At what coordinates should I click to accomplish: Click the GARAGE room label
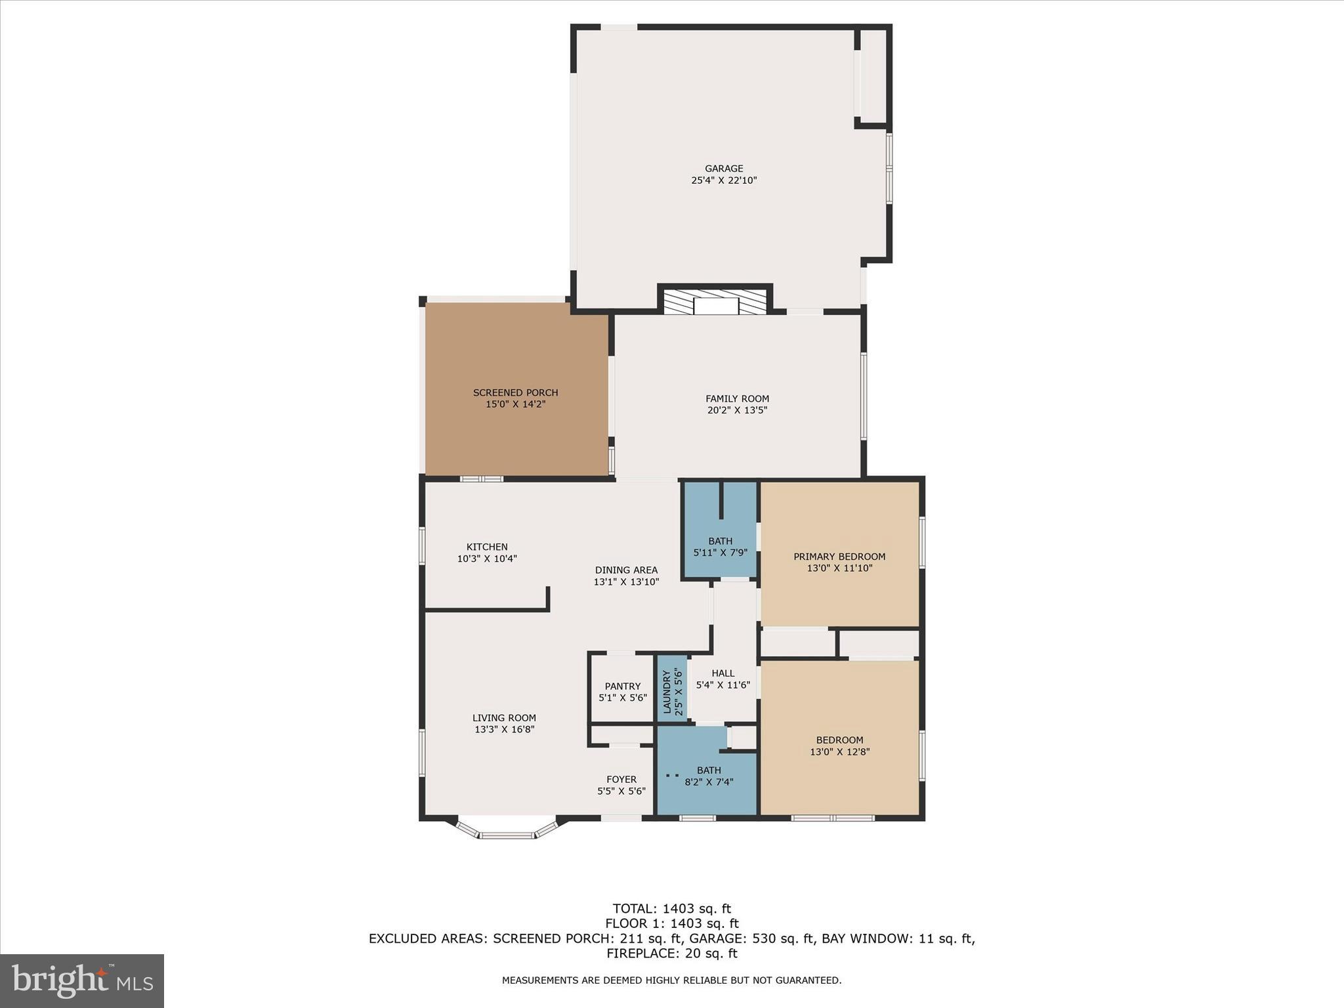click(x=724, y=169)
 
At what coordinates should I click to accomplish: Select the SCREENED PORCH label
click(x=515, y=392)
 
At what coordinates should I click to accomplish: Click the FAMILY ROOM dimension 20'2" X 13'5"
click(x=737, y=410)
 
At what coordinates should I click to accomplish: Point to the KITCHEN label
click(x=487, y=547)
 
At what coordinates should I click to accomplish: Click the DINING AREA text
click(x=626, y=570)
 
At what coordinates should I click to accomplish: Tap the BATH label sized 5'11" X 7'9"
click(x=720, y=541)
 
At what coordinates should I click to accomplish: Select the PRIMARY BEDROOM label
click(x=839, y=556)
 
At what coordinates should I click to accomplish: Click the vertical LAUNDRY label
click(x=667, y=692)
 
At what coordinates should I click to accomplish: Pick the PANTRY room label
click(x=622, y=686)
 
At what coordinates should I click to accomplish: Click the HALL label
click(x=723, y=673)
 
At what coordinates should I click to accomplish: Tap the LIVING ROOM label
click(x=504, y=718)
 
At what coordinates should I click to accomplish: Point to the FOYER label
click(x=621, y=780)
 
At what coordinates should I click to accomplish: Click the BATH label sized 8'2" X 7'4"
click(x=709, y=770)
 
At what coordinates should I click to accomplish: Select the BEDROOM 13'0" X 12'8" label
click(x=839, y=740)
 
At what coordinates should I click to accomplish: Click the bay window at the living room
click(x=506, y=834)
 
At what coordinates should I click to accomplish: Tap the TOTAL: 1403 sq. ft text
click(x=671, y=909)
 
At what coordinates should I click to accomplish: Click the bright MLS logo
click(x=81, y=980)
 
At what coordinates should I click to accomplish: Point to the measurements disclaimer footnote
click(x=671, y=980)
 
